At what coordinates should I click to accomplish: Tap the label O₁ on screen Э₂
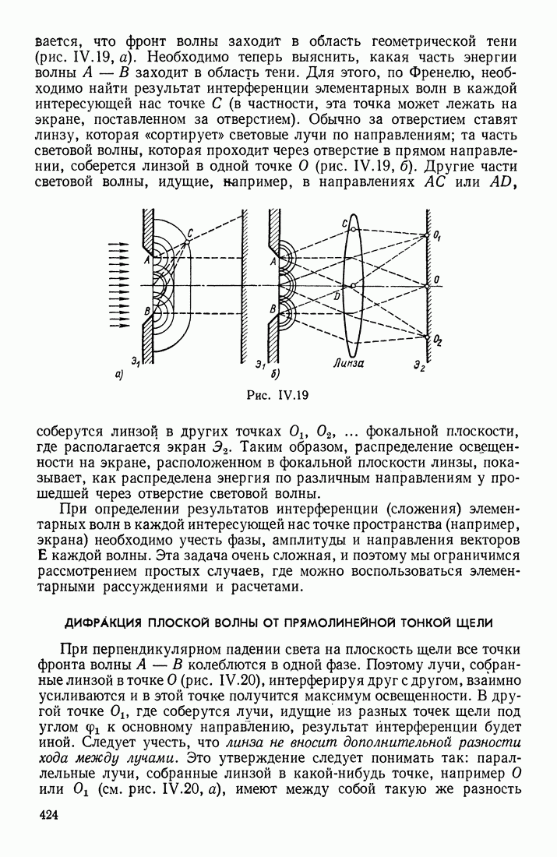439,235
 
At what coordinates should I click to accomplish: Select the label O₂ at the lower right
439,340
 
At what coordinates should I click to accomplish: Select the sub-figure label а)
119,376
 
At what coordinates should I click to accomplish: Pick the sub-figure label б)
274,373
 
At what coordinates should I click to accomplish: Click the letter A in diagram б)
273,262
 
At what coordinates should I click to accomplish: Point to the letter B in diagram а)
146,312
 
